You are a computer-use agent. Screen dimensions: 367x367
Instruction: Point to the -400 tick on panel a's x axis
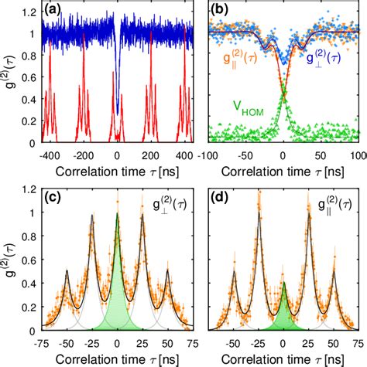coord(49,154)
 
